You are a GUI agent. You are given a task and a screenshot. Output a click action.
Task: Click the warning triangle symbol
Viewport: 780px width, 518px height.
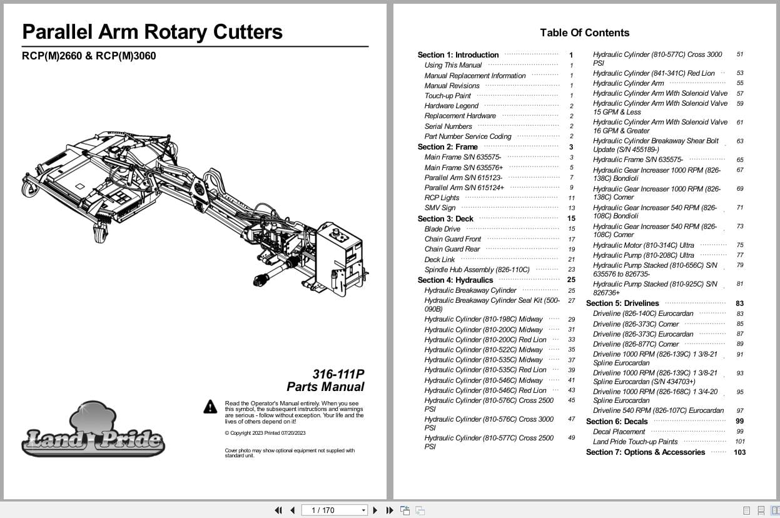(x=210, y=407)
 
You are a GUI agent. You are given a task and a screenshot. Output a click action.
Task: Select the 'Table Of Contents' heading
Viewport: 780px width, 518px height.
(x=584, y=33)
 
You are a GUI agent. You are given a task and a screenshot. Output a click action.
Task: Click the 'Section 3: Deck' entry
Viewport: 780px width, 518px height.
(x=445, y=219)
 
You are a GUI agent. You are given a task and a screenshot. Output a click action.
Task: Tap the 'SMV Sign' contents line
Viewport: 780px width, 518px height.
(x=440, y=208)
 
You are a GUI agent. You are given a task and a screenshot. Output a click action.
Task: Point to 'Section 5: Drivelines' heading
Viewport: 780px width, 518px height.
(x=622, y=303)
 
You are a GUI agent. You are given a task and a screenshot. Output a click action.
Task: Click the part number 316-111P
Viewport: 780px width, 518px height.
(x=338, y=374)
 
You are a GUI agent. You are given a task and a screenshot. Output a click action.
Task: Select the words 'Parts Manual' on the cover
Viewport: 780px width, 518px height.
(x=325, y=387)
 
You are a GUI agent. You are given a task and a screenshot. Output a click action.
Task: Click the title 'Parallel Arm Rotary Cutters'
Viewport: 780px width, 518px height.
(x=152, y=31)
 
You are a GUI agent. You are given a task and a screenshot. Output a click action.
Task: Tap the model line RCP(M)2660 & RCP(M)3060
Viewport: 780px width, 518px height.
(x=89, y=56)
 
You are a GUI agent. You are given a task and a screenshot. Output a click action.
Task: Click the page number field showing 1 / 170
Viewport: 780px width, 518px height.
(x=334, y=510)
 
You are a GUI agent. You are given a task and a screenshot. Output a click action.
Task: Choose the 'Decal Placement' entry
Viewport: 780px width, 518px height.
(x=619, y=432)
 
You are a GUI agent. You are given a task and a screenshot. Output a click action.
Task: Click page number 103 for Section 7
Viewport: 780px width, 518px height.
(x=739, y=452)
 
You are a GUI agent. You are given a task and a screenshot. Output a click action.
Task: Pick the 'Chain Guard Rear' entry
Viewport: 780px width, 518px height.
(x=452, y=249)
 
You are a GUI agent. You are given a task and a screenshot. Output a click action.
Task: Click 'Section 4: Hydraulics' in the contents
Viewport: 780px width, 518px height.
(x=455, y=280)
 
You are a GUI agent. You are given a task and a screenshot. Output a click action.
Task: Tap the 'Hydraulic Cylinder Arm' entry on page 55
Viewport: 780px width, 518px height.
(x=628, y=83)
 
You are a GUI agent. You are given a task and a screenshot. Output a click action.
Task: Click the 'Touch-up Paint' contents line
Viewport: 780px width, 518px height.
(x=447, y=96)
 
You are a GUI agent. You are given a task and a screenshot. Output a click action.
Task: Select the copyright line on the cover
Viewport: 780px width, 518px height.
(x=265, y=433)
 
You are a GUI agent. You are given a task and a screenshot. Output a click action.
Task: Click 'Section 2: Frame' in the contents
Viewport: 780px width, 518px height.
(x=447, y=147)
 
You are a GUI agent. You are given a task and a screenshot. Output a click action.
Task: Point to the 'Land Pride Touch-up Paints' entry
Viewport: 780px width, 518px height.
(x=635, y=442)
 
